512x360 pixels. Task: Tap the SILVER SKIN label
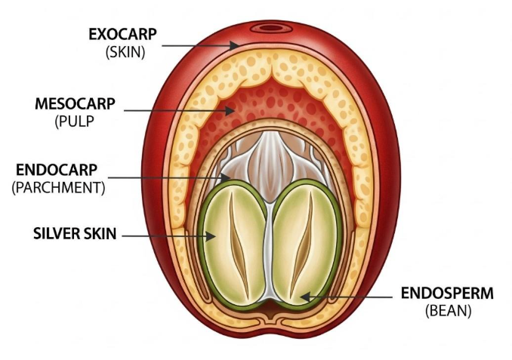(75, 235)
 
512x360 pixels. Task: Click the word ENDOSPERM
(447, 293)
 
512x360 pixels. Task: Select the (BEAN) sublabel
(448, 310)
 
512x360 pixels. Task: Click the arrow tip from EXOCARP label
(240, 46)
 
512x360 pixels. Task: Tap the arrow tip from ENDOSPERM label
(301, 296)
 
